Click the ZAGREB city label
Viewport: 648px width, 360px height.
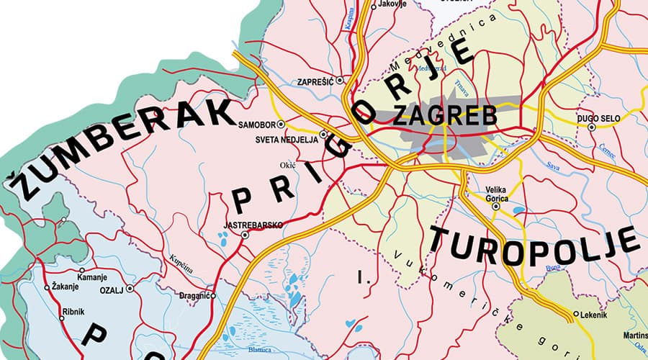[445, 115]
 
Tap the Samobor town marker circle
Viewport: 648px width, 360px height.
[281, 124]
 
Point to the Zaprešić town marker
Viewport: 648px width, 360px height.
[340, 81]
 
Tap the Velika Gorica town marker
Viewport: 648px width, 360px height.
[495, 206]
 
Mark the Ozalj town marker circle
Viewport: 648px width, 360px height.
[130, 288]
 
